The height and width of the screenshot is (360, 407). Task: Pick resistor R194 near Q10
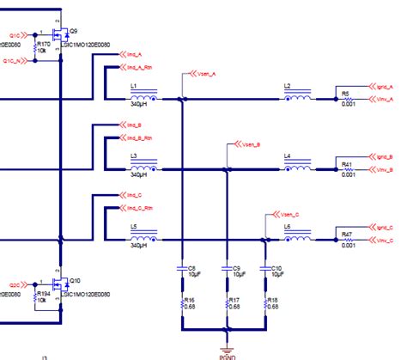click(x=35, y=293)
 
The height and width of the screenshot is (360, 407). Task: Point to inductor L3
click(x=140, y=168)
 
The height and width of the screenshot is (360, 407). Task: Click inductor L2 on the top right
click(x=298, y=98)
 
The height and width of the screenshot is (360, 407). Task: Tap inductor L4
click(x=298, y=168)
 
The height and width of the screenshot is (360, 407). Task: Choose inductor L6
click(x=298, y=237)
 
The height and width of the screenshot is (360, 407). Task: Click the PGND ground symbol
click(x=225, y=350)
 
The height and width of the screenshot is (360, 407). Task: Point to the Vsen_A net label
click(x=204, y=74)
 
